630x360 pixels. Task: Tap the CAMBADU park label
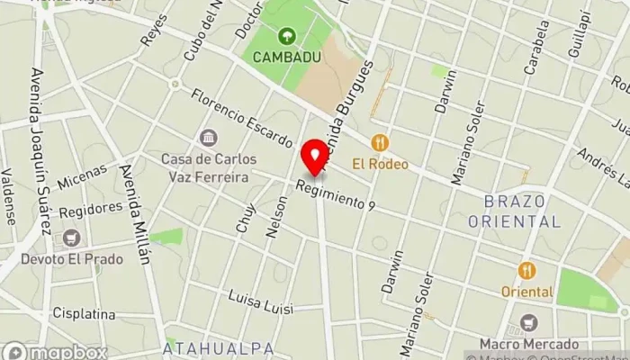pyautogui.click(x=286, y=57)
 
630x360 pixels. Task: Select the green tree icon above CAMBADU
pyautogui.click(x=286, y=37)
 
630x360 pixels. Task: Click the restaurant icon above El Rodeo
pyautogui.click(x=380, y=143)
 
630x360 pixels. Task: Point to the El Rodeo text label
pyautogui.click(x=380, y=164)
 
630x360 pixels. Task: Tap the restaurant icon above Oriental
pyautogui.click(x=527, y=270)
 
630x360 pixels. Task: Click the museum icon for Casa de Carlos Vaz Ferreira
pyautogui.click(x=209, y=138)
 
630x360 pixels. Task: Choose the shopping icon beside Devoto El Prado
pyautogui.click(x=71, y=238)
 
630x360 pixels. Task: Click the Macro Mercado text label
pyautogui.click(x=528, y=344)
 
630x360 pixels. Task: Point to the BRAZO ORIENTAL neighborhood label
pyautogui.click(x=521, y=211)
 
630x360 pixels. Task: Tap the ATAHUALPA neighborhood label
pyautogui.click(x=206, y=347)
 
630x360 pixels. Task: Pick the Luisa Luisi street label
pyautogui.click(x=261, y=301)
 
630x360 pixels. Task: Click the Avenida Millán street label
pyautogui.click(x=134, y=212)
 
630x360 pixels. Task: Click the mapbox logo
pyautogui.click(x=55, y=352)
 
